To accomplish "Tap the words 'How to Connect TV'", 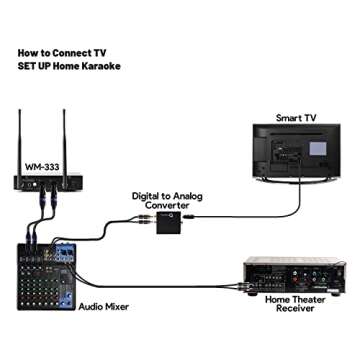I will [59, 49].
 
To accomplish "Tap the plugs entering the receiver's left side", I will [239, 281].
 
